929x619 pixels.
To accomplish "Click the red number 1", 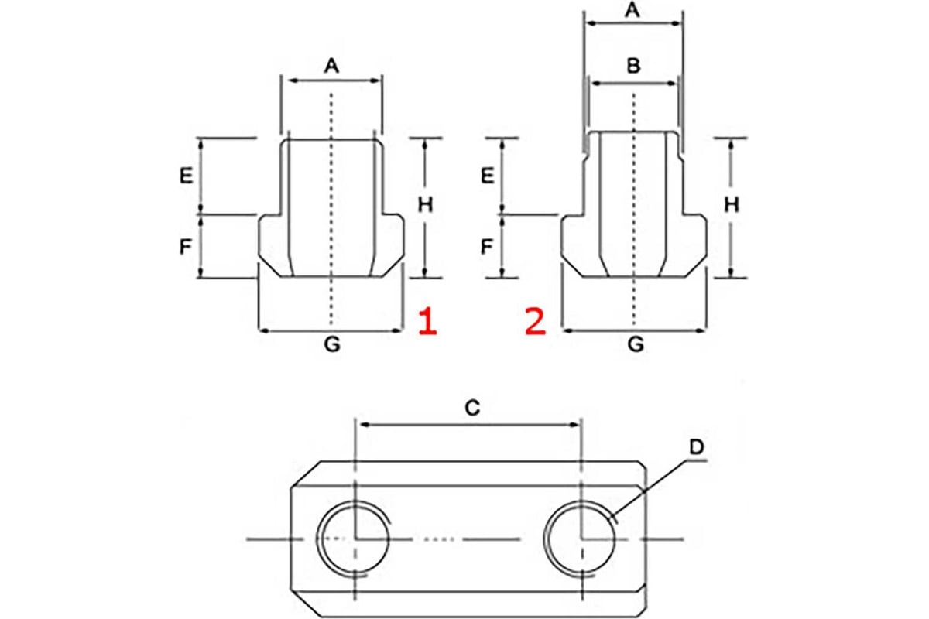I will (427, 322).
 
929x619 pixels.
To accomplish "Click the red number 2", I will (535, 322).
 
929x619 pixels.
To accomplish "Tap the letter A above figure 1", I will (331, 67).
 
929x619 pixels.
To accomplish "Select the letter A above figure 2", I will (632, 11).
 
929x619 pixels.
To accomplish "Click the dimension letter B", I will (632, 67).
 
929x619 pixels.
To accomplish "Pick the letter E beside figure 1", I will (186, 176).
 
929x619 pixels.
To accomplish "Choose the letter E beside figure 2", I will (487, 176).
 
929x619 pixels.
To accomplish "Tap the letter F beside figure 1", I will (186, 247).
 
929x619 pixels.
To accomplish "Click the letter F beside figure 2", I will (487, 247).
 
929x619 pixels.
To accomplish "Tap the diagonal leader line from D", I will (650, 484).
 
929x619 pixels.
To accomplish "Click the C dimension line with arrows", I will (468, 424).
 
